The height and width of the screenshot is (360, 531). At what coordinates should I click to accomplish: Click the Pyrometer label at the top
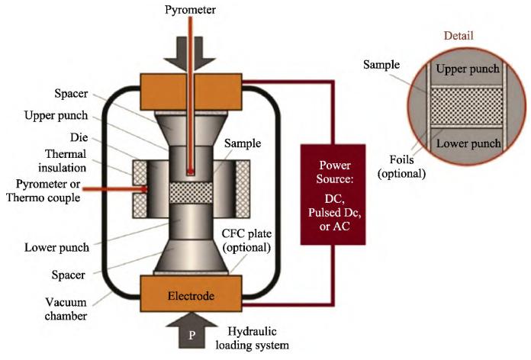(190, 10)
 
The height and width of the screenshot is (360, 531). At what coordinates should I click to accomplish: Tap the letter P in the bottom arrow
(191, 336)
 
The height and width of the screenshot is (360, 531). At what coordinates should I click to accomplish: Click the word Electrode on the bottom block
(191, 296)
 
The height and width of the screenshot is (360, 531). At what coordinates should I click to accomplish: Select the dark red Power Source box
(333, 194)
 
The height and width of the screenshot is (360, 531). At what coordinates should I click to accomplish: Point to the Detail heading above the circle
(459, 36)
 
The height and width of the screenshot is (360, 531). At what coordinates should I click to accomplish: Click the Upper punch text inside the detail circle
(468, 69)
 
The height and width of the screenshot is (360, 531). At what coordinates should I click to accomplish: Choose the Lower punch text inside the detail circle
(468, 143)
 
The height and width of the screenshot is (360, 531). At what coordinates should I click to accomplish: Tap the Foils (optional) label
(401, 166)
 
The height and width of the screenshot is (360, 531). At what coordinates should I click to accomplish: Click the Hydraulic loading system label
(253, 338)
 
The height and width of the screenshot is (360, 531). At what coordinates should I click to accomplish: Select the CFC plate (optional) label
(246, 240)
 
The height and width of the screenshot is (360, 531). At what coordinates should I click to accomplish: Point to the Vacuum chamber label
(66, 309)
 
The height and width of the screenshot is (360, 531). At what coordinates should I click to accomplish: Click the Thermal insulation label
(62, 161)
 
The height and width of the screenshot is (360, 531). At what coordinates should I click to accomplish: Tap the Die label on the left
(79, 137)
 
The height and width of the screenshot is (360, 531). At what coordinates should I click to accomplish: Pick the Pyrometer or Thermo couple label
(43, 191)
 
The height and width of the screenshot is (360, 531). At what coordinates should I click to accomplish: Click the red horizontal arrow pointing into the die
(115, 189)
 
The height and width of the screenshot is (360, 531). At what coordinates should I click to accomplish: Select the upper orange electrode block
(191, 92)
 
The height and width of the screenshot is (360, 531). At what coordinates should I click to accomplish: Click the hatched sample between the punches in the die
(191, 193)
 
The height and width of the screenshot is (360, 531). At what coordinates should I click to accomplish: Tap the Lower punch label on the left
(57, 248)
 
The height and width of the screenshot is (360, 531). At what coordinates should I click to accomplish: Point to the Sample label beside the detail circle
(381, 65)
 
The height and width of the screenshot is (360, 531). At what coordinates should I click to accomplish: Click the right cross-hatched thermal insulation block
(243, 189)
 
